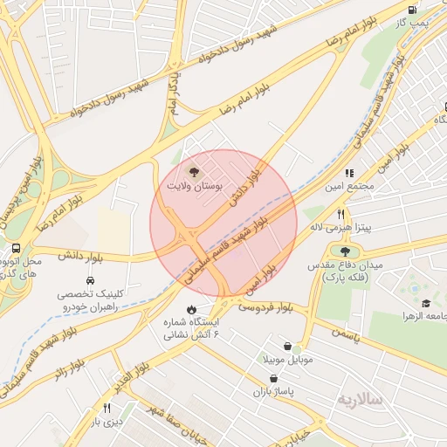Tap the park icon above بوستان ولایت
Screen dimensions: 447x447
[x=193, y=172]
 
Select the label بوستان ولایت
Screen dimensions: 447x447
[x=194, y=186]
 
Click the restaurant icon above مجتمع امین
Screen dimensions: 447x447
[x=349, y=173]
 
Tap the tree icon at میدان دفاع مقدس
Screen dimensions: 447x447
[x=333, y=251]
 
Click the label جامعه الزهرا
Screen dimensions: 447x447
[x=422, y=314]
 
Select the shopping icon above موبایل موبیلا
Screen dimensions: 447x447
[x=286, y=347]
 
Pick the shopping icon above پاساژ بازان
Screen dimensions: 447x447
[x=276, y=379]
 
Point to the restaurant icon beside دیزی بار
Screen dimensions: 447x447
[x=107, y=408]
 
